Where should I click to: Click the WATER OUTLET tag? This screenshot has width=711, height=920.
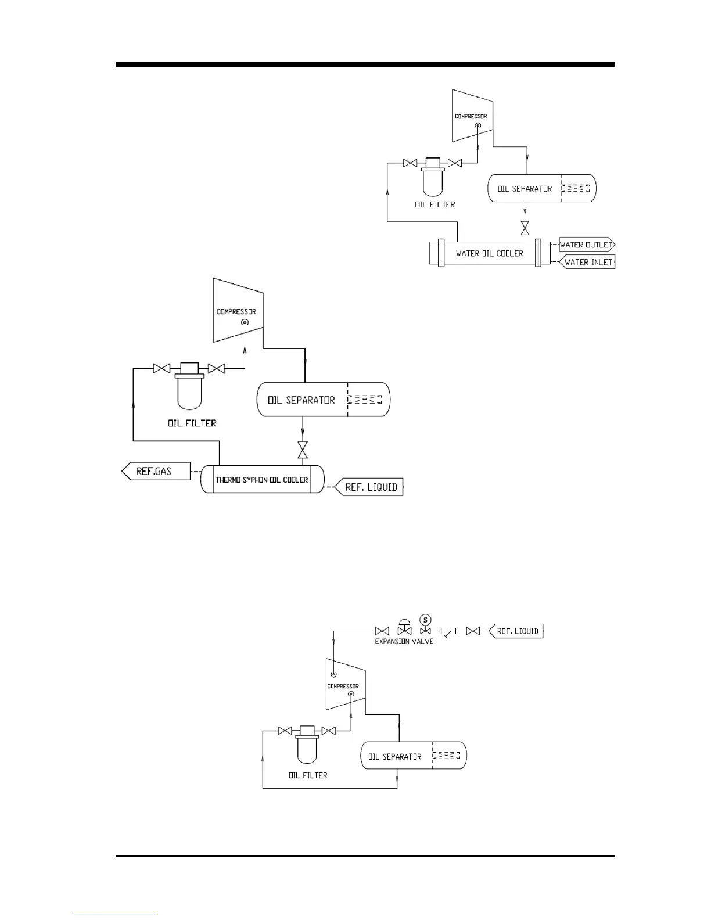tap(586, 245)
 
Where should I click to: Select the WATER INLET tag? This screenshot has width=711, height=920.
tap(588, 262)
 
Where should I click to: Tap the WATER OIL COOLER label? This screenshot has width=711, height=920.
tap(489, 253)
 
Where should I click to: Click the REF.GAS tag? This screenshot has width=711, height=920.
tap(155, 471)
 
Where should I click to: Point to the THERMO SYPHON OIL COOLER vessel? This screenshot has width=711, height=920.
tap(261, 480)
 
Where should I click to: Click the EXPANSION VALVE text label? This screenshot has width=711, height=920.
tap(404, 641)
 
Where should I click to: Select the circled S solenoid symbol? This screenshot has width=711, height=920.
tap(425, 619)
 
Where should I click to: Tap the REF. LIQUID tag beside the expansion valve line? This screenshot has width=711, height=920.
tap(517, 631)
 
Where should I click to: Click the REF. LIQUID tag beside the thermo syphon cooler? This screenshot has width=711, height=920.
tap(371, 487)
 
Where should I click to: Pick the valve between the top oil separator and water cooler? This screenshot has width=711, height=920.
tap(525, 228)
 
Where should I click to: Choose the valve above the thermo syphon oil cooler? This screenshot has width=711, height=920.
tap(302, 451)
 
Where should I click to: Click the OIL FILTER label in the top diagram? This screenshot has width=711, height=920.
tap(435, 204)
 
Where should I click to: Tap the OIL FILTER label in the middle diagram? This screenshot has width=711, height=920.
tap(192, 423)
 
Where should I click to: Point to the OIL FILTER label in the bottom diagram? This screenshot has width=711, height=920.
tap(307, 775)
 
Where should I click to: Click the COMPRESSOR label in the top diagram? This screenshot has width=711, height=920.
tap(471, 116)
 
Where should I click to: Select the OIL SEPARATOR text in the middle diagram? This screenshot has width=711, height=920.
tap(301, 400)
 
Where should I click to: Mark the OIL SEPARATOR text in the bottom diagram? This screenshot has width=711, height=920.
tap(394, 757)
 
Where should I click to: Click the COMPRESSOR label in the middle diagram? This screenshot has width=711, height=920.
tap(236, 312)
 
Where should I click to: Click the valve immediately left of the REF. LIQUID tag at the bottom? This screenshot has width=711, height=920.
tap(473, 631)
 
